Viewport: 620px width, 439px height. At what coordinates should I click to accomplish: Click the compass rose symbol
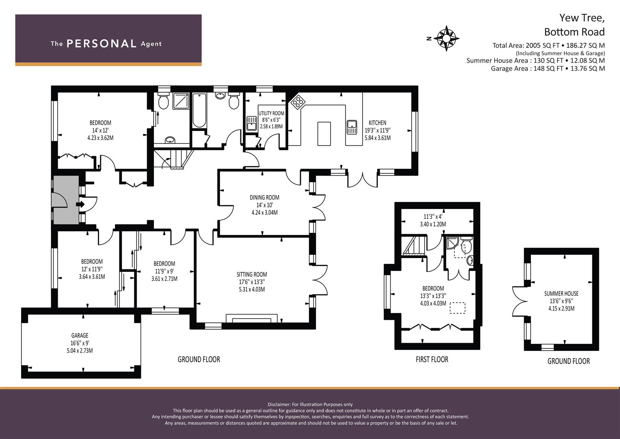[446, 39]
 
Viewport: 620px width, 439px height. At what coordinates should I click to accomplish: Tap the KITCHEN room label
[377, 123]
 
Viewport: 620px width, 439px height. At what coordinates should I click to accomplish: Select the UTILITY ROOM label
[271, 113]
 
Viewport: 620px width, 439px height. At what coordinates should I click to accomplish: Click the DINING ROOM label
[264, 198]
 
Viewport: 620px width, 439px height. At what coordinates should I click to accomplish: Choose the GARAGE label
[80, 336]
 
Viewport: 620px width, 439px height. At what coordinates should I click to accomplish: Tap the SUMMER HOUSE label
[561, 293]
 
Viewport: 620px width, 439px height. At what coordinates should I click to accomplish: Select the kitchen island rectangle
[324, 133]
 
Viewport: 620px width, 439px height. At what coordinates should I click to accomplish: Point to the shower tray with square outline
[181, 101]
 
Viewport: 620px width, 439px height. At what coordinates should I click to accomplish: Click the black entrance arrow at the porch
[80, 204]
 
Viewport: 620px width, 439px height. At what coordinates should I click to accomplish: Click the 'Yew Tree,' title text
[582, 18]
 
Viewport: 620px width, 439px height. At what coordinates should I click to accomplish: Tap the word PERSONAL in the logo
[101, 44]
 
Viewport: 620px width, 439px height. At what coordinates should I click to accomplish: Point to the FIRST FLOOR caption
[432, 359]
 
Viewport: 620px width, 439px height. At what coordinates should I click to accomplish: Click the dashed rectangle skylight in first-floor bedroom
[458, 308]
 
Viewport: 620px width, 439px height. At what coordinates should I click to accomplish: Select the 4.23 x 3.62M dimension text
[100, 138]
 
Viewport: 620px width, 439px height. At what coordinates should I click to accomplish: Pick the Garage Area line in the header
[547, 68]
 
